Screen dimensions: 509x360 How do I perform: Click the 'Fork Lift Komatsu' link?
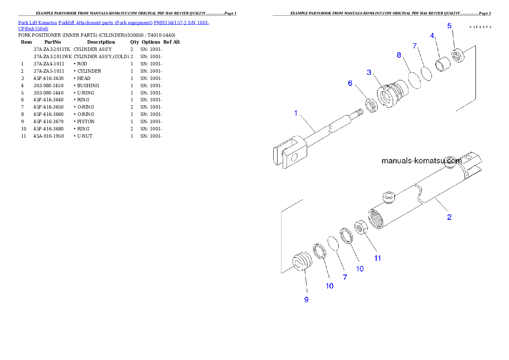pyautogui.click(x=38, y=23)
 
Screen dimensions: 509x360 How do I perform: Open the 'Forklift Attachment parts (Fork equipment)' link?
pyautogui.click(x=106, y=23)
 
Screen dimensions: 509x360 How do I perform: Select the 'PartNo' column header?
pyautogui.click(x=53, y=42)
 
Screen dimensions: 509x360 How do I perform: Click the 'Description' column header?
pyautogui.click(x=101, y=42)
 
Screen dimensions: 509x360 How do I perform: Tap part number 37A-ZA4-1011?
pyautogui.click(x=49, y=64)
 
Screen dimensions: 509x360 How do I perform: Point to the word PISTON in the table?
pyautogui.click(x=86, y=122)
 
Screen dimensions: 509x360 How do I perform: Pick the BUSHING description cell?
pyautogui.click(x=88, y=86)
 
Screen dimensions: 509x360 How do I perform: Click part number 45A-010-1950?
pyautogui.click(x=49, y=136)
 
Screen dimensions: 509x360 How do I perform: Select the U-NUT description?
pyautogui.click(x=85, y=136)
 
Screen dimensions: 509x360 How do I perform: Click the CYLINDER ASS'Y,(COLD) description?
pyautogui.click(x=101, y=56)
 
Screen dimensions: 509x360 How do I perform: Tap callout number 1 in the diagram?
pyautogui.click(x=296, y=113)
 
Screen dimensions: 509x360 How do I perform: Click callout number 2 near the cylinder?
pyautogui.click(x=449, y=217)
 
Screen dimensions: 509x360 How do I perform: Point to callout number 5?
pyautogui.click(x=449, y=26)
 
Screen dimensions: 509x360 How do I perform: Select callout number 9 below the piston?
pyautogui.click(x=306, y=300)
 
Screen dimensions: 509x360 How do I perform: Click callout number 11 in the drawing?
pyautogui.click(x=378, y=258)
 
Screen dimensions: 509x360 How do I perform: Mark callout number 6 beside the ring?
pyautogui.click(x=350, y=83)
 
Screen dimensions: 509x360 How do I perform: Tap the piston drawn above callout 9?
pyautogui.click(x=302, y=261)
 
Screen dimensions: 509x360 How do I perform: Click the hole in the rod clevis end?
pyautogui.click(x=294, y=158)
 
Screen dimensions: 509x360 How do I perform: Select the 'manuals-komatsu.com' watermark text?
pyautogui.click(x=421, y=161)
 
